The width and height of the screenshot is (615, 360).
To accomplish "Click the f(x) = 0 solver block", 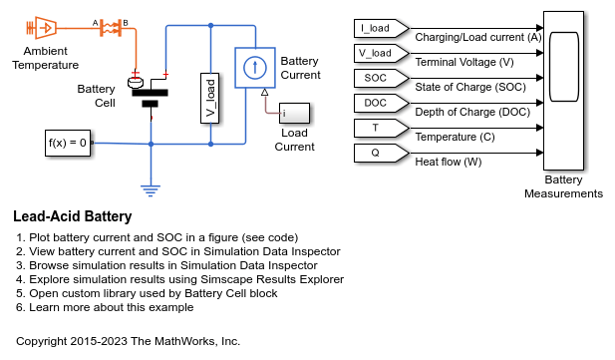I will (x=68, y=143).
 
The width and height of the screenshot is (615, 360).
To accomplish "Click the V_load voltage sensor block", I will (x=211, y=98).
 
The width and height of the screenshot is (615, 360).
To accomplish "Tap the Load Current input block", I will (x=294, y=117).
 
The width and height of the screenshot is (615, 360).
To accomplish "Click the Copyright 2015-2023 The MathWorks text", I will (x=128, y=341).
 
